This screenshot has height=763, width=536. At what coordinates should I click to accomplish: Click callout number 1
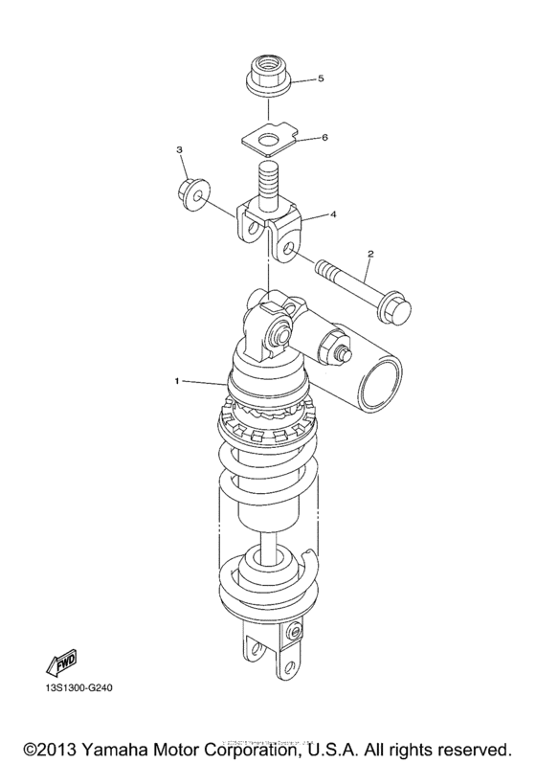tap(177, 382)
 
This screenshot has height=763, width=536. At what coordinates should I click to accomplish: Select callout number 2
tap(369, 254)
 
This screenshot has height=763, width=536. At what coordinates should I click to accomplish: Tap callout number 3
tap(178, 151)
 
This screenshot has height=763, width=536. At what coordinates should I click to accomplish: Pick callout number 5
tap(321, 79)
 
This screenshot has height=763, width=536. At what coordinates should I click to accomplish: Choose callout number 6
tap(324, 138)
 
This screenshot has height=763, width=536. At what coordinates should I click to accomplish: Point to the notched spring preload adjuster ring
tap(268, 417)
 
